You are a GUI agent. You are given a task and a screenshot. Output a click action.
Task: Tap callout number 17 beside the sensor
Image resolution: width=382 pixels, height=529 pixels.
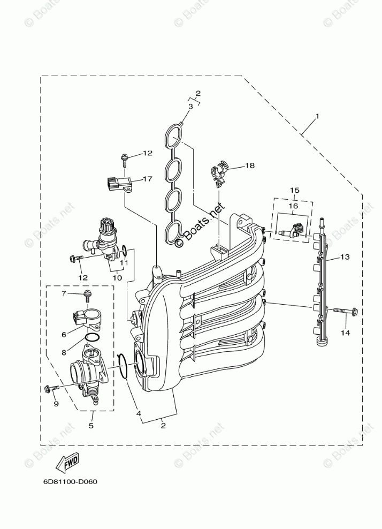(x=148, y=179)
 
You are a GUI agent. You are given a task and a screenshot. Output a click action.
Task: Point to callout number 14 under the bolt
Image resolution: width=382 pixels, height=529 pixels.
(x=345, y=332)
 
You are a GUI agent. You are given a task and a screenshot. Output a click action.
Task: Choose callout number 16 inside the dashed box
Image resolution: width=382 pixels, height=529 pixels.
(x=294, y=205)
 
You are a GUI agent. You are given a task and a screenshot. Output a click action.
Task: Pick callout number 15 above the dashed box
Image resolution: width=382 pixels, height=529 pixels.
(x=294, y=190)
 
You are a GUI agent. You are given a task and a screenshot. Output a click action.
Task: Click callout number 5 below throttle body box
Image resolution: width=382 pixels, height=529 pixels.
(x=91, y=426)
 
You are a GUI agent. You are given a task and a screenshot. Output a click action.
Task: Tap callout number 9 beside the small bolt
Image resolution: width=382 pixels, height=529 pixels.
(x=55, y=404)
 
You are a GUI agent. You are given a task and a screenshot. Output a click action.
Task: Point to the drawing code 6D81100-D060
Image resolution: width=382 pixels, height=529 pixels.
(x=70, y=481)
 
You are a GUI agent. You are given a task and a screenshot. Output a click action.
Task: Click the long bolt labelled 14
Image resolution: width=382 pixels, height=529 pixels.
(x=346, y=311)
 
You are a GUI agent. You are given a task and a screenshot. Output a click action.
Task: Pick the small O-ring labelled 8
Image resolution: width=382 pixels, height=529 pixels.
(x=92, y=338)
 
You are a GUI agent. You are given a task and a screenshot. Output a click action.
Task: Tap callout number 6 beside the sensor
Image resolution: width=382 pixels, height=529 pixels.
(x=64, y=335)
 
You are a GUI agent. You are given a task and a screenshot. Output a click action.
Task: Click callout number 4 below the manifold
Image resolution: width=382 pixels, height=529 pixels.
(x=137, y=413)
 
